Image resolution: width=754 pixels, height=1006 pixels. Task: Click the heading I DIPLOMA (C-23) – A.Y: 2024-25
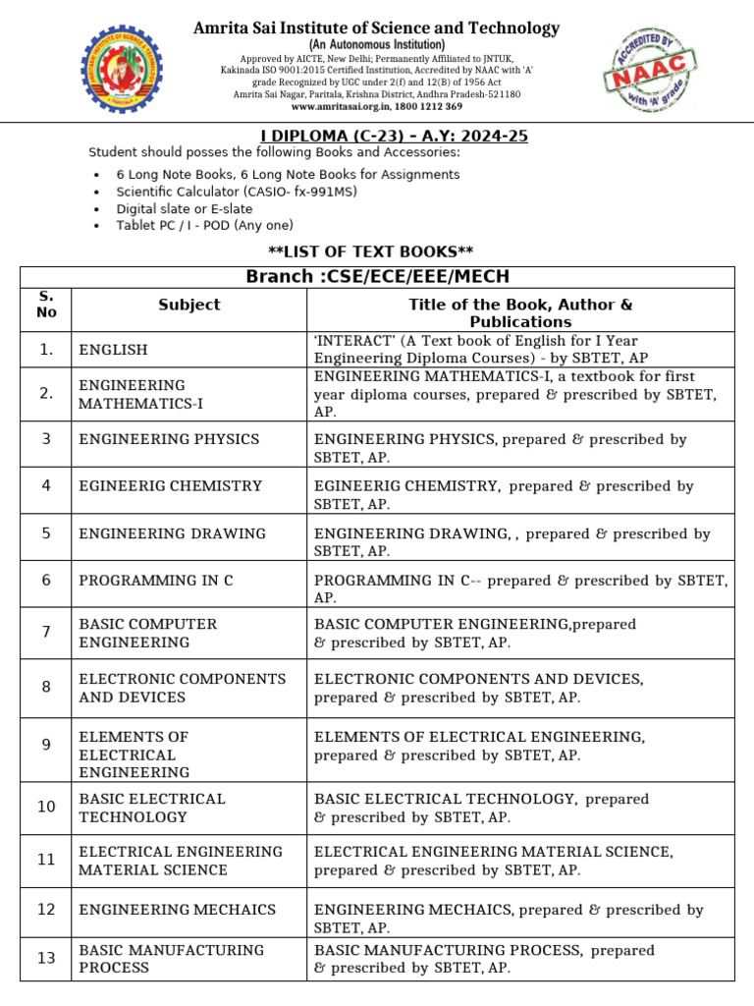coord(376,136)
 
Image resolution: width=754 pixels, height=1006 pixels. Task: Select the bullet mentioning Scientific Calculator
coord(237,192)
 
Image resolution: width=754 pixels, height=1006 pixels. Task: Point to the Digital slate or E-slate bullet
coord(185,209)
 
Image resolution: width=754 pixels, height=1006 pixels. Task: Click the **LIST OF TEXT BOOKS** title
coord(377,252)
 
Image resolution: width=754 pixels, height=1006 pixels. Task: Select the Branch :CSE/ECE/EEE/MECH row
coord(377,276)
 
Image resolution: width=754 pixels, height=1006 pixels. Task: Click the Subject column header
coord(188,305)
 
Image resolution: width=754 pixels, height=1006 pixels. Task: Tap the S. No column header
coord(47,305)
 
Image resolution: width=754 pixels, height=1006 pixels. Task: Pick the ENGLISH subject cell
coord(113,350)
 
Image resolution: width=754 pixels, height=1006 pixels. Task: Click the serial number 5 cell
coord(46,533)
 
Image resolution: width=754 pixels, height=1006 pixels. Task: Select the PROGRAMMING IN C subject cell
coord(155,581)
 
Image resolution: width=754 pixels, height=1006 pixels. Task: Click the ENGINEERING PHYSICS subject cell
coord(169,439)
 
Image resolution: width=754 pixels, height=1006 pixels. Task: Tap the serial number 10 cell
coord(46,807)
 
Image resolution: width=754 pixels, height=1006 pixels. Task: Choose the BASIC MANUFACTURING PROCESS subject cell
coord(171,959)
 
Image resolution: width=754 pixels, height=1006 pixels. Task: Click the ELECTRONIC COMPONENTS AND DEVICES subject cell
coord(182,688)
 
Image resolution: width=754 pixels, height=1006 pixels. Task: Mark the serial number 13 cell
coord(46,958)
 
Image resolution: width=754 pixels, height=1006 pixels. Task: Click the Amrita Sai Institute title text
coord(376,28)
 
